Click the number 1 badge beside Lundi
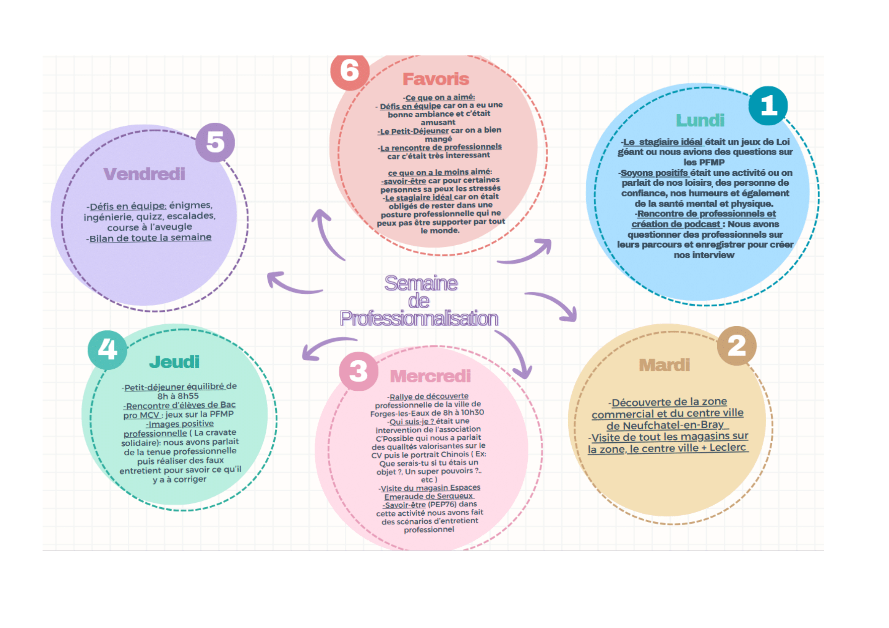click(x=768, y=106)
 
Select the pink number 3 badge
click(x=358, y=371)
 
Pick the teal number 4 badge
click(x=107, y=350)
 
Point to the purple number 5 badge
click(x=215, y=142)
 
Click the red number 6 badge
click(x=349, y=71)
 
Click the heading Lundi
click(x=700, y=120)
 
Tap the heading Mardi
click(x=664, y=365)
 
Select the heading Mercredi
click(x=430, y=376)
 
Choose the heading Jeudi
click(x=174, y=362)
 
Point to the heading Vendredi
click(x=144, y=174)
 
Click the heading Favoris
click(x=436, y=79)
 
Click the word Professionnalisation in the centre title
click(x=418, y=318)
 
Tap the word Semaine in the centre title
click(x=421, y=283)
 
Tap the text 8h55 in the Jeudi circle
click(x=188, y=396)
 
